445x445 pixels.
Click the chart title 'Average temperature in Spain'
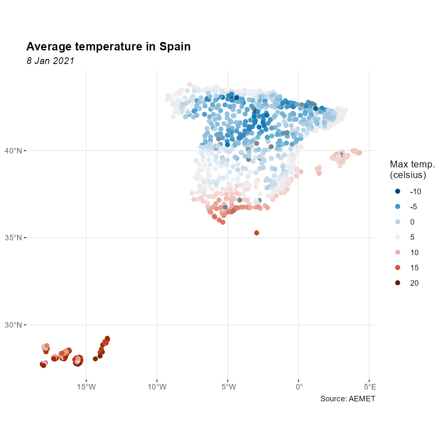[108, 47]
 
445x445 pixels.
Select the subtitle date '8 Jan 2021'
[50, 61]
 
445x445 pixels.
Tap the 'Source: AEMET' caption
[348, 399]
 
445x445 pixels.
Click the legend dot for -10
[398, 192]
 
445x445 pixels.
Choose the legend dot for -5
[398, 207]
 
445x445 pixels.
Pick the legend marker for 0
[398, 222]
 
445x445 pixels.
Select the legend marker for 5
[398, 237]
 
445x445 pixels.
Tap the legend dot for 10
[398, 253]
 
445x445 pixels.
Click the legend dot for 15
[398, 268]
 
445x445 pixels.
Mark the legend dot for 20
[398, 283]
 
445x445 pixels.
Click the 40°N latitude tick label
[13, 150]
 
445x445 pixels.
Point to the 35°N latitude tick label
[13, 238]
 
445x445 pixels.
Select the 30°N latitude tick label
[13, 325]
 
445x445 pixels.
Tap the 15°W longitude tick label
[86, 387]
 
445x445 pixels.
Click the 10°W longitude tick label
[157, 387]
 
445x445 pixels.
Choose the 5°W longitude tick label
[228, 387]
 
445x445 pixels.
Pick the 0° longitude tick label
[299, 387]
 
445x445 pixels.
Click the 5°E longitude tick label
[370, 387]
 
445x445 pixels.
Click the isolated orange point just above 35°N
[256, 233]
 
